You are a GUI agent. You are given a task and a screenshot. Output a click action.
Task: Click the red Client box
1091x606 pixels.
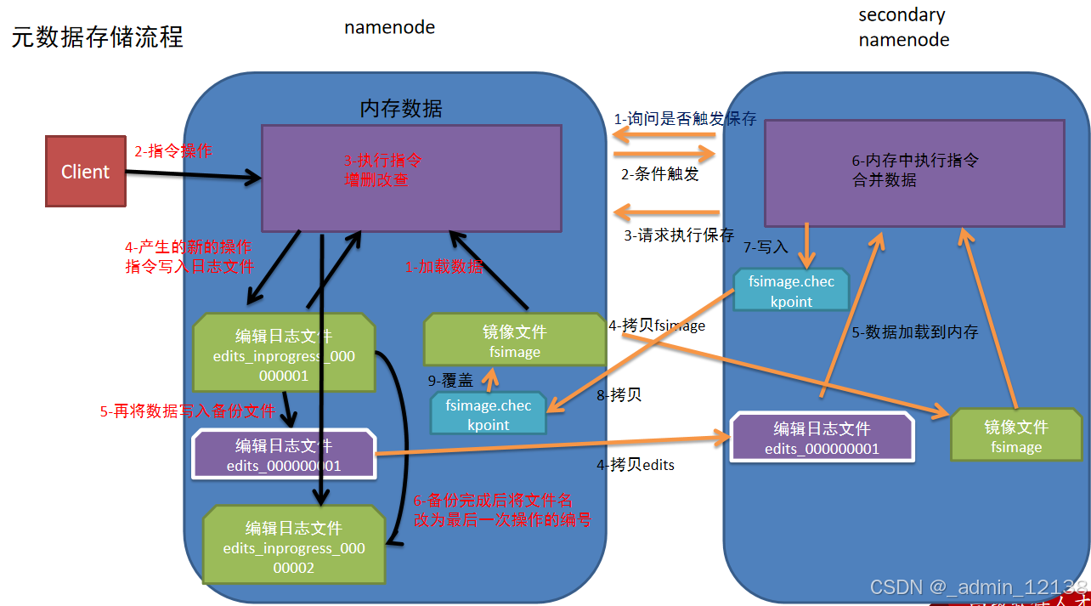tap(85, 173)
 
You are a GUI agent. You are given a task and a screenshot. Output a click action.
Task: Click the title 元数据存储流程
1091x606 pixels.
tap(97, 37)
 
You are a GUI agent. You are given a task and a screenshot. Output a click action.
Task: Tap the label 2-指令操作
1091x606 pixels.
tap(173, 151)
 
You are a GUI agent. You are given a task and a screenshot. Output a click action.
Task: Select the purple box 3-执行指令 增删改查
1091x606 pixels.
tap(411, 178)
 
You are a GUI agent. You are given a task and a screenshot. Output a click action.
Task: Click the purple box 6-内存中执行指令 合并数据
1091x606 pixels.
tap(914, 173)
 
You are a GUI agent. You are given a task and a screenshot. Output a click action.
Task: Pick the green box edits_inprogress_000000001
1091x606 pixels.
tap(284, 353)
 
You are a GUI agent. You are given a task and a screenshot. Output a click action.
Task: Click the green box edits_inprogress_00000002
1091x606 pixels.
tap(294, 547)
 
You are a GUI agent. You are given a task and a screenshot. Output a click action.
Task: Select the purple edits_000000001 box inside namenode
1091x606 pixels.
tap(284, 455)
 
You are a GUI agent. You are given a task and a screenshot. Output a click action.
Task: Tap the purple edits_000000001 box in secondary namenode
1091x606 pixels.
tap(822, 439)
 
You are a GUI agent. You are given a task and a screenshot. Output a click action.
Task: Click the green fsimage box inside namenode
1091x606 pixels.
tap(514, 341)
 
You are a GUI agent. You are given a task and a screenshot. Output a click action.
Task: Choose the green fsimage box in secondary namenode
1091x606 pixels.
tap(1015, 436)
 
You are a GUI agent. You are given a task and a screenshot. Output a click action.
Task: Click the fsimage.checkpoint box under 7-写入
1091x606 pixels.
tap(791, 291)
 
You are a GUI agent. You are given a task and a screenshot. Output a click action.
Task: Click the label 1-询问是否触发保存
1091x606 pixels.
tap(685, 119)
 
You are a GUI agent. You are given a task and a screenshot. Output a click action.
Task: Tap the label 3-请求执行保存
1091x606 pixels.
tap(679, 235)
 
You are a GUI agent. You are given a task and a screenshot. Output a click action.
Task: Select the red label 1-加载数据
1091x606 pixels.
tap(444, 266)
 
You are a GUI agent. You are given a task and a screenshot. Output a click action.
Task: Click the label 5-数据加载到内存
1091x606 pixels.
tap(914, 332)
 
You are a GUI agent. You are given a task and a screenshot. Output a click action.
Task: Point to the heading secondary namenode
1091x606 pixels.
tap(903, 27)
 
